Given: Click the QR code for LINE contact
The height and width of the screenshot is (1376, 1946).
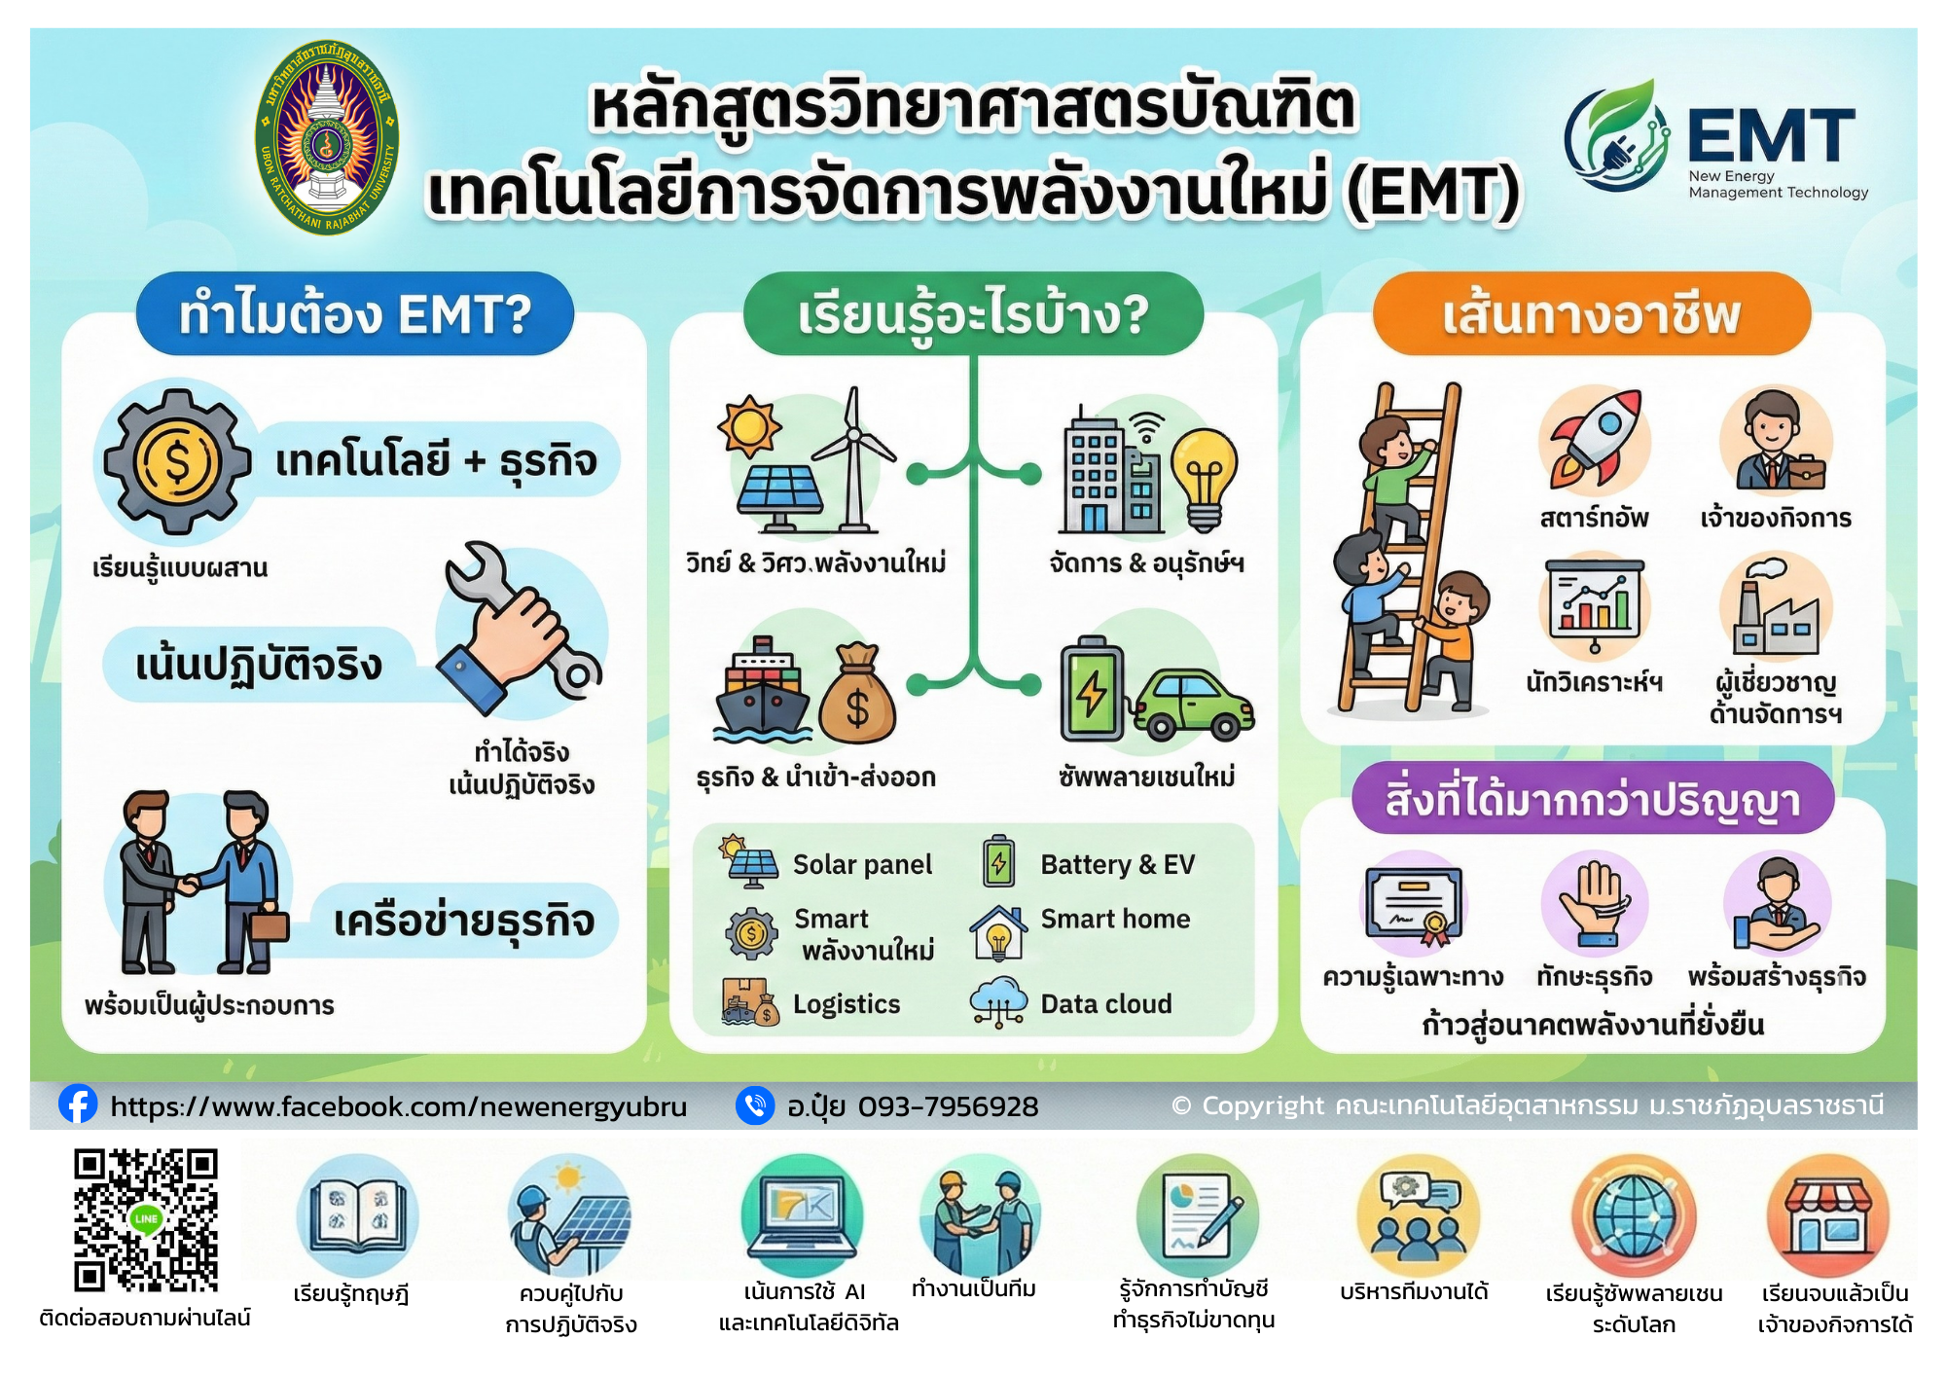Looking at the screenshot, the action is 146,1220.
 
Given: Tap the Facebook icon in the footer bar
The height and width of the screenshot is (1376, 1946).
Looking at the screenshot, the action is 78,1104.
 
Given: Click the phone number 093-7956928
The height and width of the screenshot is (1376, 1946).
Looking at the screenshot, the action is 949,1106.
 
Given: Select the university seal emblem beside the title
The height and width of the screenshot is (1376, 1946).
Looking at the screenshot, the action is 327,137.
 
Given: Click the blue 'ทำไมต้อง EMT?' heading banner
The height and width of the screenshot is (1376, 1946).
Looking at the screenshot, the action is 355,313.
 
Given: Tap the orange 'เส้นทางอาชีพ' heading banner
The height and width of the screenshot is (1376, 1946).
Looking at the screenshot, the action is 1592,313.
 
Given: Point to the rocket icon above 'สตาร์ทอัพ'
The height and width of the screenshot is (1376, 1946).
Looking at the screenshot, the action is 1596,439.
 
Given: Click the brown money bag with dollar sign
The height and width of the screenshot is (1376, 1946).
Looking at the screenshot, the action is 856,693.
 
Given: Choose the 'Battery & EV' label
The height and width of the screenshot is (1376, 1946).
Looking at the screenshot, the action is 1117,864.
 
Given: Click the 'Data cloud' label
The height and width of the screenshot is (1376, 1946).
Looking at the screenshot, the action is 1106,1003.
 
